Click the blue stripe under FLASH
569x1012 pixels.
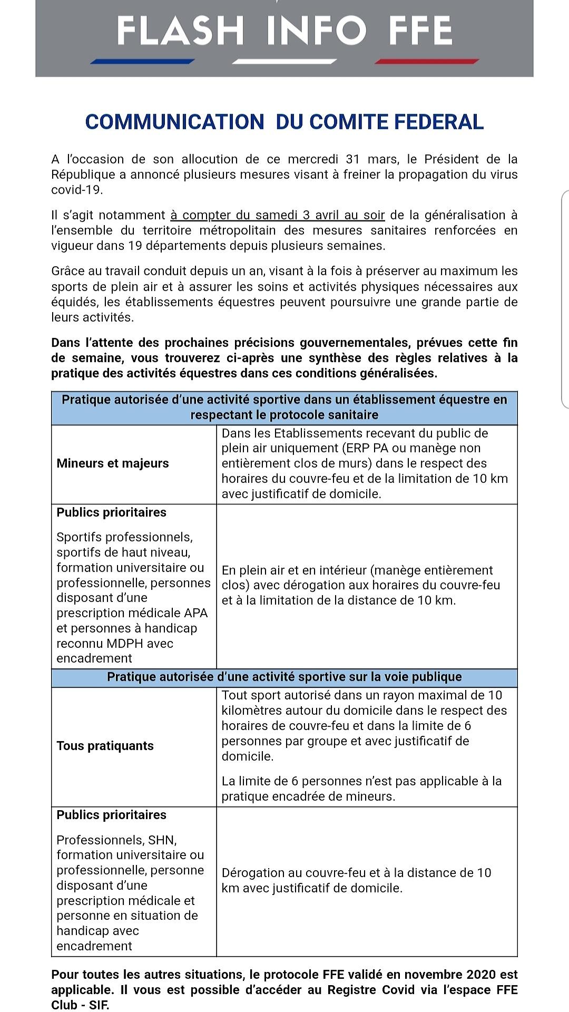[142, 61]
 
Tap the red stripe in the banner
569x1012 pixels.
[427, 61]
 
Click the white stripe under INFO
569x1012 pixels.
[284, 61]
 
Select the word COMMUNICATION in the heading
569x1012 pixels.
[174, 122]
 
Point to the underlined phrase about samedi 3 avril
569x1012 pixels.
[278, 215]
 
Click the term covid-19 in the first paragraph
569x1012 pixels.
[76, 190]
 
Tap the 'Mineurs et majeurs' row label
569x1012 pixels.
[113, 463]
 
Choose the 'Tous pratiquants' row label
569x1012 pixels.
[105, 746]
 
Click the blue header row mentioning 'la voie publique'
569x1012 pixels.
[284, 677]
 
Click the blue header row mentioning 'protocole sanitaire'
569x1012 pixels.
[284, 407]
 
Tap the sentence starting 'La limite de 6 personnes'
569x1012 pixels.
[361, 789]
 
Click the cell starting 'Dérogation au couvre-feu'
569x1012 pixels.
[356, 880]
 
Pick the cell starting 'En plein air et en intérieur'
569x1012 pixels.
[361, 585]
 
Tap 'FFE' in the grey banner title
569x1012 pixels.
[420, 30]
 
